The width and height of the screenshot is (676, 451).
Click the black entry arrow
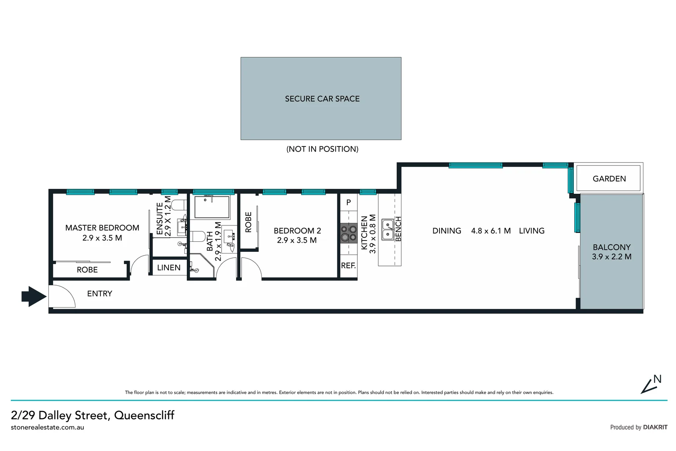(34, 296)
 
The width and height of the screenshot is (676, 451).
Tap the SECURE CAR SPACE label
(322, 99)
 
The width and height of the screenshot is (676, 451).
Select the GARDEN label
(609, 179)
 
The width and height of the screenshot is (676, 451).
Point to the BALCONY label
(611, 247)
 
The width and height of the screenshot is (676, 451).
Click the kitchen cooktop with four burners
(348, 233)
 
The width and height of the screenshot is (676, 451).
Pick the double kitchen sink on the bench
(388, 229)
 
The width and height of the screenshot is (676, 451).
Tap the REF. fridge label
(348, 266)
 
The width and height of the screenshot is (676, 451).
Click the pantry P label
(349, 203)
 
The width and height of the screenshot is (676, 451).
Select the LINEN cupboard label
(168, 268)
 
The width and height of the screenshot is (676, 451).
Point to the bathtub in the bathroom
(212, 207)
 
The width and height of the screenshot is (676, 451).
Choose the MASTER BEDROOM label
(102, 228)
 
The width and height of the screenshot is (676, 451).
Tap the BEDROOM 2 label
(297, 231)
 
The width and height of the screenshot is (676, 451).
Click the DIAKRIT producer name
(655, 427)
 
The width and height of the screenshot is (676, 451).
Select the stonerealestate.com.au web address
(48, 428)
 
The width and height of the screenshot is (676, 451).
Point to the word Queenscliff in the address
(144, 415)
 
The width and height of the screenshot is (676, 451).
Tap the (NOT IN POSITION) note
(322, 149)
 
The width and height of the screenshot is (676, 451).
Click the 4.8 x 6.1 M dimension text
(491, 231)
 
